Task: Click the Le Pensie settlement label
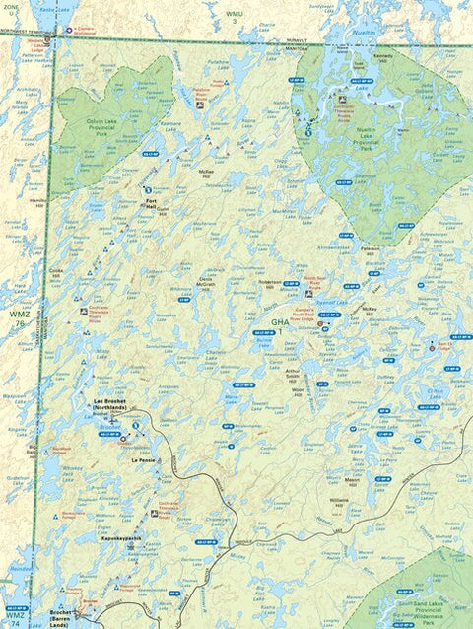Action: tap(142, 459)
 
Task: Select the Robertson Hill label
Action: tap(270, 284)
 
